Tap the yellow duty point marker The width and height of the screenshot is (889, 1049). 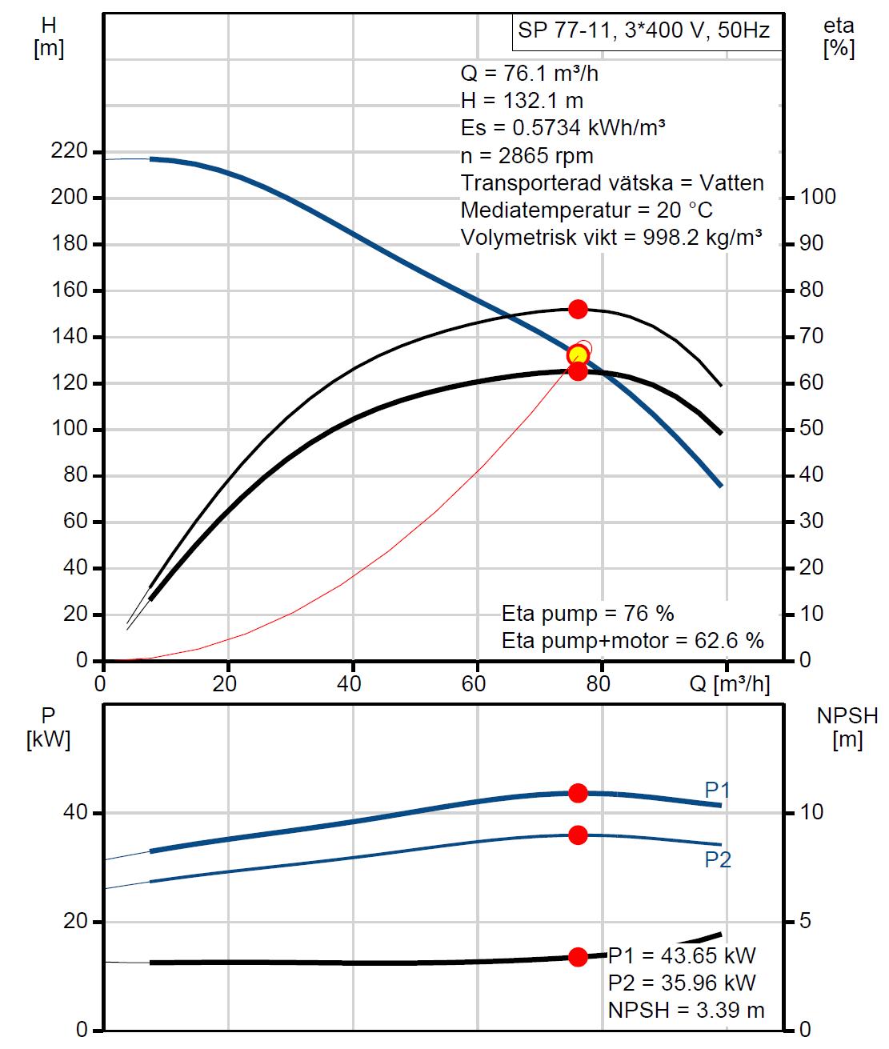[x=578, y=355]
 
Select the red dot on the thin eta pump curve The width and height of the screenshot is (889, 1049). [x=578, y=309]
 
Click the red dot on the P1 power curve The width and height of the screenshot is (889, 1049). [x=578, y=793]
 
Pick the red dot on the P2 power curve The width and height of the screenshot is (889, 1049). [x=578, y=835]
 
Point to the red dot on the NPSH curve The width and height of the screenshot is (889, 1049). [x=578, y=956]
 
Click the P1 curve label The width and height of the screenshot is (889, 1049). [x=717, y=791]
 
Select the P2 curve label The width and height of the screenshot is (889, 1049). [x=717, y=860]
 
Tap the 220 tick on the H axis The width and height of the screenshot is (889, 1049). [x=69, y=151]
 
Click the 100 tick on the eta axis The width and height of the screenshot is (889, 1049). [x=818, y=197]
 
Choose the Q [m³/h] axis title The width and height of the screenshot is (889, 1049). [x=730, y=685]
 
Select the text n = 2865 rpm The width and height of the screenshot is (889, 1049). [x=527, y=155]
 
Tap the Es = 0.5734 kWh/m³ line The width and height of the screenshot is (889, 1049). [x=563, y=128]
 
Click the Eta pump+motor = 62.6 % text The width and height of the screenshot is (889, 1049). [x=632, y=640]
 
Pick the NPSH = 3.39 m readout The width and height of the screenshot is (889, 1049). [x=686, y=1010]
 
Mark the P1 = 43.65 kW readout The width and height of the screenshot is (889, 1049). [x=682, y=955]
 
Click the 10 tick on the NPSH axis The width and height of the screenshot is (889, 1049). [x=811, y=812]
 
